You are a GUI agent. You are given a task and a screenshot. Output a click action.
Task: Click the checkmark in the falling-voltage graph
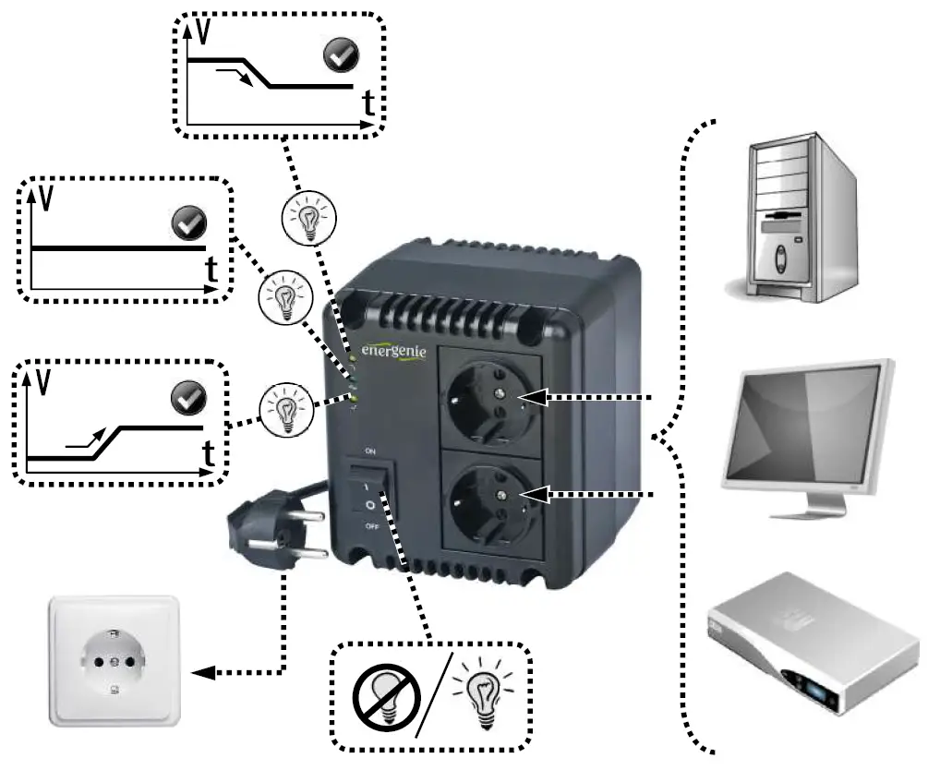[339, 58]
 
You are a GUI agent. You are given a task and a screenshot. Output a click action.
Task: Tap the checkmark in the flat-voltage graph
[189, 223]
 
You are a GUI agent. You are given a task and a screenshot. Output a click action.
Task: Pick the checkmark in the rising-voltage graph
[189, 399]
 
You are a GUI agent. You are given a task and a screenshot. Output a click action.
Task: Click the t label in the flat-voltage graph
[211, 270]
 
